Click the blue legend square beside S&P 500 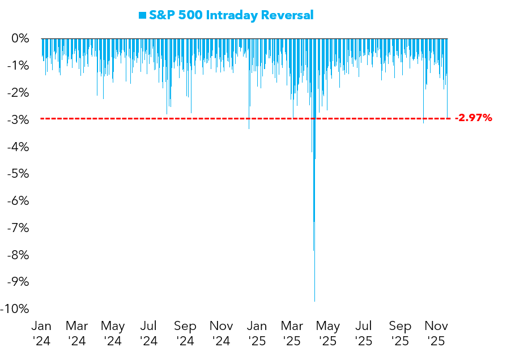[142, 15]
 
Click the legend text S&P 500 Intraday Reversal [231, 15]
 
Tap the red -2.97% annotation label [474, 118]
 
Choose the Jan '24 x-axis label [41, 333]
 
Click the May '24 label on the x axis [113, 333]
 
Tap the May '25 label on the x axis [328, 333]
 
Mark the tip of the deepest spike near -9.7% [314, 300]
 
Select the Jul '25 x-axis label [364, 333]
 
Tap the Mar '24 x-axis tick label [76, 333]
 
